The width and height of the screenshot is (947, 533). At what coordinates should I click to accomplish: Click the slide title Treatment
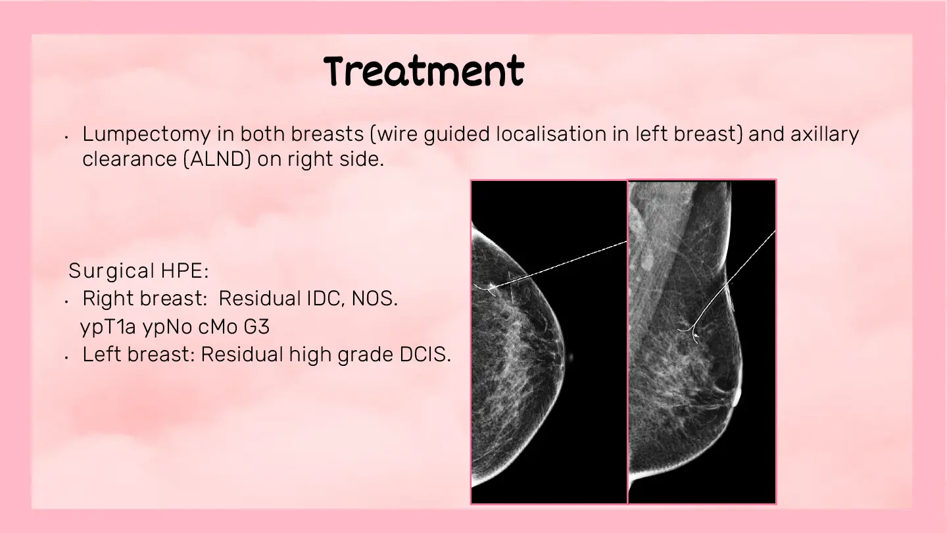424,70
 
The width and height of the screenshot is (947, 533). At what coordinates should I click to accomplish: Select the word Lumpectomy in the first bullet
146,134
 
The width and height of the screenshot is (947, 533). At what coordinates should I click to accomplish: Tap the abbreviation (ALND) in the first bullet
217,159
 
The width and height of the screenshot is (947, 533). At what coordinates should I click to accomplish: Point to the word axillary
825,134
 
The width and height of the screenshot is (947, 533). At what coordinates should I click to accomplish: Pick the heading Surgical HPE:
139,270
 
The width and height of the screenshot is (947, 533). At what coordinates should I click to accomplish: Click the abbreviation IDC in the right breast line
325,298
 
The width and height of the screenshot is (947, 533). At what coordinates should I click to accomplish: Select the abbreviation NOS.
375,298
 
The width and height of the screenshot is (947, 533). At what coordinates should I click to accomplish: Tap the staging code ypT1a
108,327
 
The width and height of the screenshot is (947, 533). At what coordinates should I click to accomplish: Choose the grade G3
256,326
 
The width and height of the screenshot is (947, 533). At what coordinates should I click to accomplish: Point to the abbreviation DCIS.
425,355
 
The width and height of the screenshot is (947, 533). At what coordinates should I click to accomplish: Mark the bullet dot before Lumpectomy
66,137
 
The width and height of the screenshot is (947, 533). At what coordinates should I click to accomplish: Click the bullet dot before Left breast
66,357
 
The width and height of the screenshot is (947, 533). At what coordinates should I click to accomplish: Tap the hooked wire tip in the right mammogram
694,335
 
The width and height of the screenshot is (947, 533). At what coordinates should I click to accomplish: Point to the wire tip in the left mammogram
491,290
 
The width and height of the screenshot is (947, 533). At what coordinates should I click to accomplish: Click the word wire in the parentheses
397,134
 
